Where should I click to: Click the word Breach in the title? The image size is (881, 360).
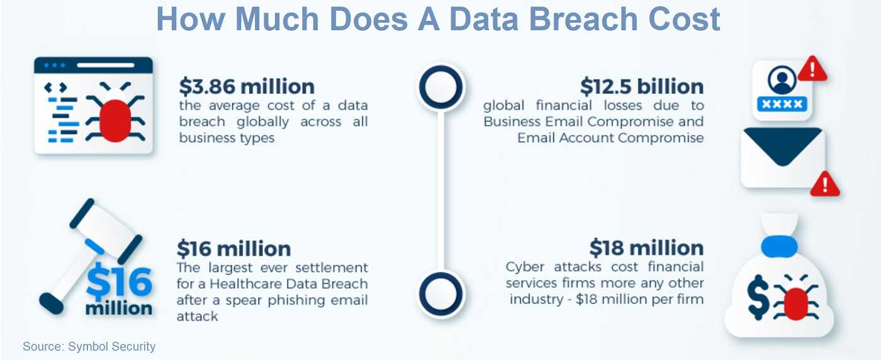[583, 19]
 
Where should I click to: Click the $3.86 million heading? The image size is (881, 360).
[247, 87]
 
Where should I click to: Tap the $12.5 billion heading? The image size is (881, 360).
[642, 87]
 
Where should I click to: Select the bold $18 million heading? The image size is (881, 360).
[646, 248]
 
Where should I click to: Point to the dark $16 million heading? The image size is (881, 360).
[233, 249]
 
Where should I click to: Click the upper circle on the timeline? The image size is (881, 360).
[441, 87]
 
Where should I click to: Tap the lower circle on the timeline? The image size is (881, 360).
[441, 294]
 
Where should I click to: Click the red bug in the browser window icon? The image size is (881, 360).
[115, 119]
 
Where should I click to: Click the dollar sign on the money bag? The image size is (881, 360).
[758, 297]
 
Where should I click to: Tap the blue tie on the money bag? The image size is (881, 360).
[779, 247]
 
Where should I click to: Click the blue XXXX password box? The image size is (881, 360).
[782, 104]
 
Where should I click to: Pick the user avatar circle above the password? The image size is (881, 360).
[782, 79]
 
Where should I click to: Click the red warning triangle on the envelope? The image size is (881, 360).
[825, 184]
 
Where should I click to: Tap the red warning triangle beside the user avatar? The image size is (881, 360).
[812, 69]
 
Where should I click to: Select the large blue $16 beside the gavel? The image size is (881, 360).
[119, 281]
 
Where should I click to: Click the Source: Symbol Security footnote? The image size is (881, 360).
[89, 347]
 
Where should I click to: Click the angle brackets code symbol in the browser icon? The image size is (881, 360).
[55, 87]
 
